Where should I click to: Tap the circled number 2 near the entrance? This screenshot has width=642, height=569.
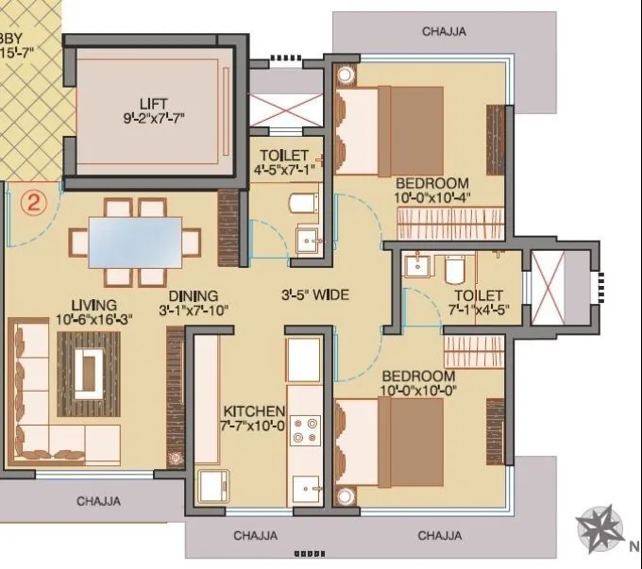(34, 202)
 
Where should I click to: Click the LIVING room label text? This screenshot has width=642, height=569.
(93, 305)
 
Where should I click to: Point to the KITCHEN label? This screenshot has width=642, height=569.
(254, 411)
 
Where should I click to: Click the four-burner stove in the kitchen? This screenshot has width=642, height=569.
(305, 430)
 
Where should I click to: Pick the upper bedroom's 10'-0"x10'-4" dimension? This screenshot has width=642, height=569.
(432, 197)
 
